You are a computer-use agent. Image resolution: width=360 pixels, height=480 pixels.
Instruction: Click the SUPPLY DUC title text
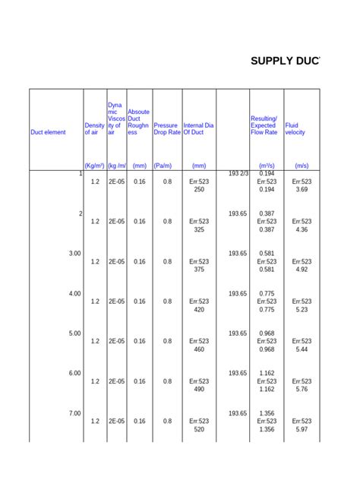[x=285, y=60]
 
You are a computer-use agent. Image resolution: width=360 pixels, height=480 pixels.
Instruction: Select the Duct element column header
[x=48, y=132]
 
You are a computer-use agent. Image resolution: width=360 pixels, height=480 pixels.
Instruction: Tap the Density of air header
[x=94, y=129]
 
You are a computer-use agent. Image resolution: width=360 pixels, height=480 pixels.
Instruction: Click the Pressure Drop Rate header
[x=166, y=129]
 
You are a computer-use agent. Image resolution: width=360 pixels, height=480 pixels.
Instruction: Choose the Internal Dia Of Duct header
[x=198, y=129]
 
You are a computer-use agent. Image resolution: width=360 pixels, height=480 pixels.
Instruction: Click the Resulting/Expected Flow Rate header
[x=264, y=125]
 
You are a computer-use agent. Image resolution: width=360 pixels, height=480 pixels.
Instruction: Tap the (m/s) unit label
[x=302, y=165]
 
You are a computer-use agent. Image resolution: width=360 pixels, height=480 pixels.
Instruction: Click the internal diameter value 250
[x=199, y=190]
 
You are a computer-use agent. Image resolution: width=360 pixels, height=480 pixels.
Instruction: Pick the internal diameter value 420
[x=199, y=309]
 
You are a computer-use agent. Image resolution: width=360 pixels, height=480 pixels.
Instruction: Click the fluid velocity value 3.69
[x=302, y=190]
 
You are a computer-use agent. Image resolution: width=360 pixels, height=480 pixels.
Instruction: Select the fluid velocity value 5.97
[x=302, y=429]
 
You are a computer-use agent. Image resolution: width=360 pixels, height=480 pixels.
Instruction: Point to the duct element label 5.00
[x=74, y=333]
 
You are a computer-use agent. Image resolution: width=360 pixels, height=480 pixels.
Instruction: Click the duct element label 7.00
[x=74, y=413]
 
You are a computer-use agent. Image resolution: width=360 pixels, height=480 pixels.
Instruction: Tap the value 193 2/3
[x=238, y=174]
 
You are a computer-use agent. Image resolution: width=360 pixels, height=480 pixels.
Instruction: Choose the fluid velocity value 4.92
[x=302, y=270]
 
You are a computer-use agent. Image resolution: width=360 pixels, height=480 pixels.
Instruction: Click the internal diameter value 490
[x=199, y=389]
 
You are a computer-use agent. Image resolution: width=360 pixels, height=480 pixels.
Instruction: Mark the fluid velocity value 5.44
[x=302, y=349]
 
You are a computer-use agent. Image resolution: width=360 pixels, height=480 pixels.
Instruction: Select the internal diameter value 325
[x=199, y=229]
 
